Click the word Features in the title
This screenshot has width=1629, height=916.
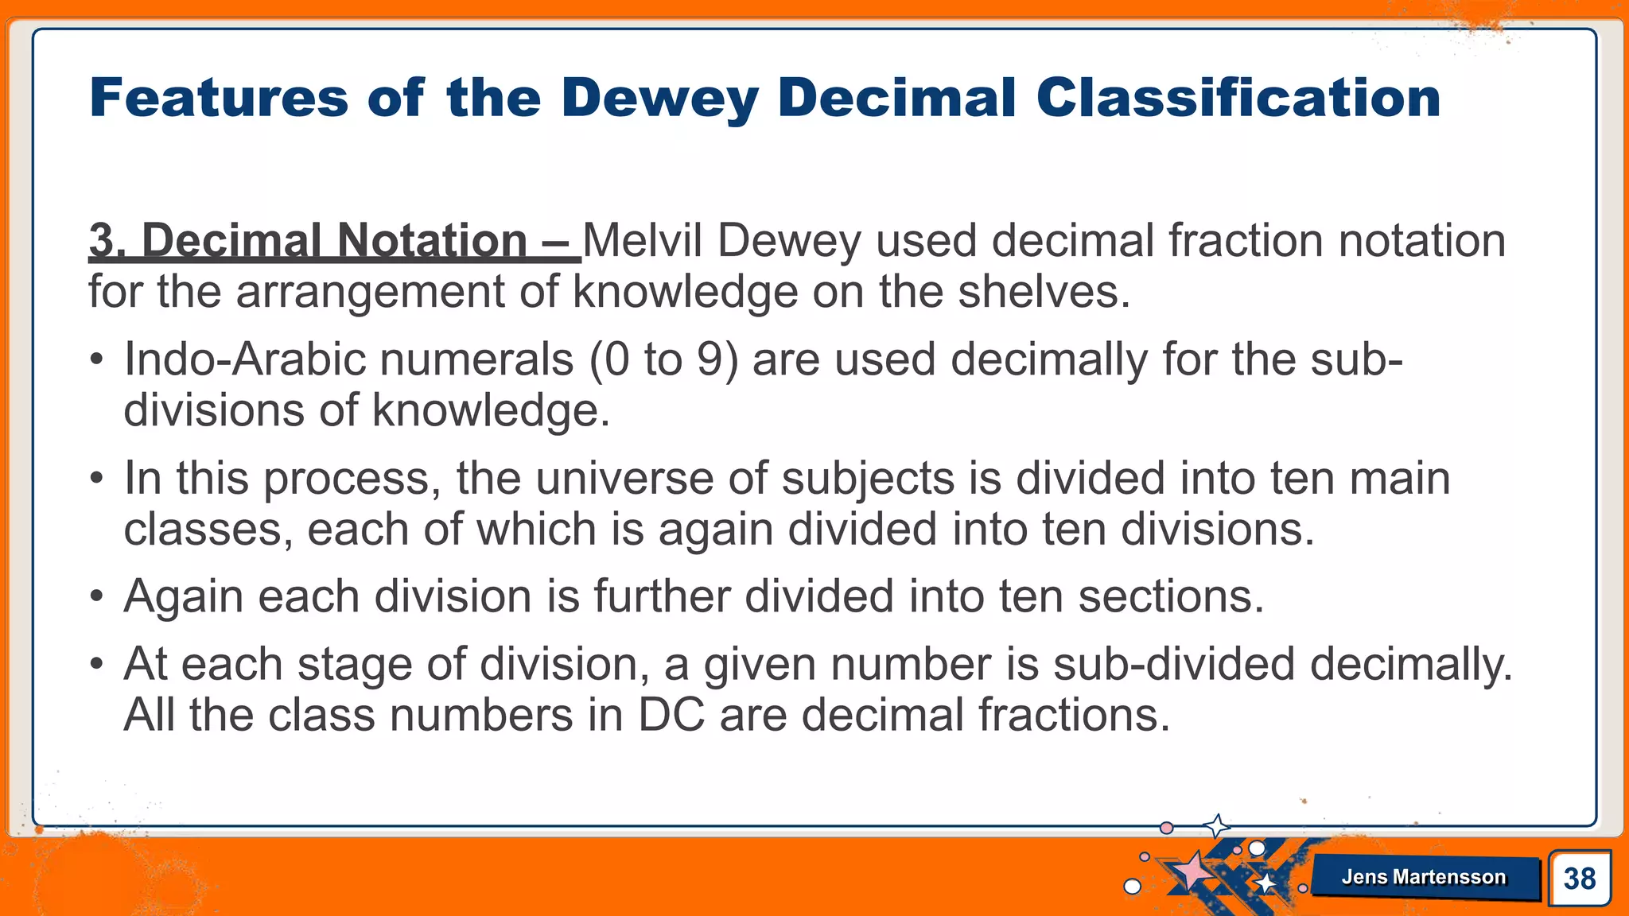pyautogui.click(x=219, y=98)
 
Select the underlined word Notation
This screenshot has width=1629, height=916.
pyautogui.click(x=432, y=240)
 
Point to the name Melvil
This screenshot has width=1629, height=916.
pyautogui.click(x=643, y=240)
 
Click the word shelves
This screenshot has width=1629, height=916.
pyautogui.click(x=1043, y=291)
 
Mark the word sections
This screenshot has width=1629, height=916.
pyautogui.click(x=1170, y=596)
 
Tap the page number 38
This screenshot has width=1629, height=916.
pyautogui.click(x=1579, y=879)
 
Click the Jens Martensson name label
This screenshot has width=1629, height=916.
pyautogui.click(x=1423, y=877)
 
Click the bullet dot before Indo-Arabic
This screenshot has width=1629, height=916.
pyautogui.click(x=97, y=360)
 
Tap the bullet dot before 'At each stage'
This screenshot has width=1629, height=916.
pyautogui.click(x=97, y=665)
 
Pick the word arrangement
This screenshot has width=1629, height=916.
pyautogui.click(x=370, y=293)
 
